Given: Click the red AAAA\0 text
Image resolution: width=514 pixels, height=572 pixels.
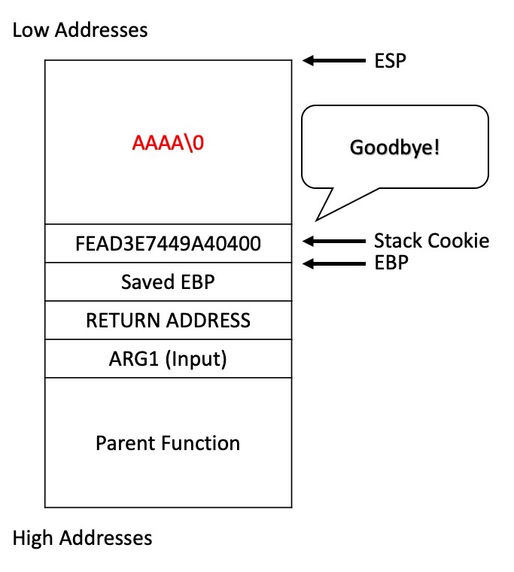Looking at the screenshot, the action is tap(168, 142).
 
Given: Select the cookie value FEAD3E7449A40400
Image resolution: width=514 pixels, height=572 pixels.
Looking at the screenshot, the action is tap(168, 243).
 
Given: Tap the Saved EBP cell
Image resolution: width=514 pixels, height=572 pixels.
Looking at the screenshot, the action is tap(168, 281).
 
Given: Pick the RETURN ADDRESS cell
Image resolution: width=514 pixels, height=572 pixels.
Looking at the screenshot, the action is tap(168, 321).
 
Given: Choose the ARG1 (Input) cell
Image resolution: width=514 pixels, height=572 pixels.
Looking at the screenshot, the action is tap(168, 358).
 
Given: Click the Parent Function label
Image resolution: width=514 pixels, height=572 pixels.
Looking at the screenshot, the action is tap(168, 443).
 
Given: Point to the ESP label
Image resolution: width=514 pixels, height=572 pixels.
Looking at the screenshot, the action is tap(390, 60).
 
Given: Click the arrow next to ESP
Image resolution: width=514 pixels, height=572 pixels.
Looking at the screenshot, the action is tap(334, 60).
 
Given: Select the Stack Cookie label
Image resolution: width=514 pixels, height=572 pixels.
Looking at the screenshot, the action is tap(431, 241).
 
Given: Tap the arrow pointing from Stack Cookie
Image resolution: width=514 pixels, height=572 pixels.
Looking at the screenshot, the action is tap(334, 241).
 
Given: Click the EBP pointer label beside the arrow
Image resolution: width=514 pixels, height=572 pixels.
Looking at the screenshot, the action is tap(391, 262).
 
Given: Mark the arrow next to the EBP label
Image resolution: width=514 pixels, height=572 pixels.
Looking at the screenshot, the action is tap(334, 263).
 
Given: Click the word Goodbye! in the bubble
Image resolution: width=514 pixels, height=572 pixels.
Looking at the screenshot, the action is tap(394, 148).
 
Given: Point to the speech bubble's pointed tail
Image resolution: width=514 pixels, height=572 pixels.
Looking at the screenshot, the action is tap(316, 221).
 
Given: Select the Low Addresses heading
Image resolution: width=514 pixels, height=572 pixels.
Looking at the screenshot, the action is tap(80, 29).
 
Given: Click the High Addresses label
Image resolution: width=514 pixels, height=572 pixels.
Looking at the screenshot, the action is tap(82, 537).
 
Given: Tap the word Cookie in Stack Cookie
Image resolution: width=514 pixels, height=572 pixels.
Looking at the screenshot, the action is tap(458, 241).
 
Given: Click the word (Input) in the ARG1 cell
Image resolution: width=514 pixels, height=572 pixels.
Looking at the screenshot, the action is tap(196, 359).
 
